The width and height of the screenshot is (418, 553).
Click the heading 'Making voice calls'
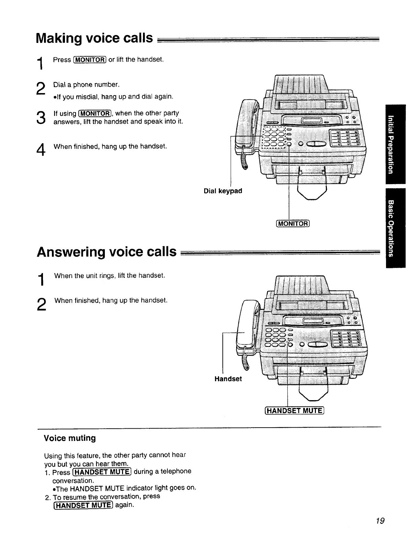click(94, 38)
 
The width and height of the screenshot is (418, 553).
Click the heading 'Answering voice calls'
click(107, 252)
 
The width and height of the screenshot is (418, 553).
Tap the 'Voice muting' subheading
click(70, 438)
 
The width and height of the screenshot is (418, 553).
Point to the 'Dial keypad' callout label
click(223, 191)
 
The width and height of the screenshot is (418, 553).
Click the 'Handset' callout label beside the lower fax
click(228, 379)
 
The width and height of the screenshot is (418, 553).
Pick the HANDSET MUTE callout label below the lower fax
click(294, 410)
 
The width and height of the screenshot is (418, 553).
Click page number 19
click(380, 521)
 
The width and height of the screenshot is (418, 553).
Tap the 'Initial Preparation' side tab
click(395, 144)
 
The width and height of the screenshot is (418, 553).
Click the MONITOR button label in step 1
click(90, 60)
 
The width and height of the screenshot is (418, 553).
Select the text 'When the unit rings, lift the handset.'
click(110, 276)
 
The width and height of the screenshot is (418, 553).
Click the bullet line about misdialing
click(113, 97)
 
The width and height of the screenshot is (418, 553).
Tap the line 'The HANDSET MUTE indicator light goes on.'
click(124, 488)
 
